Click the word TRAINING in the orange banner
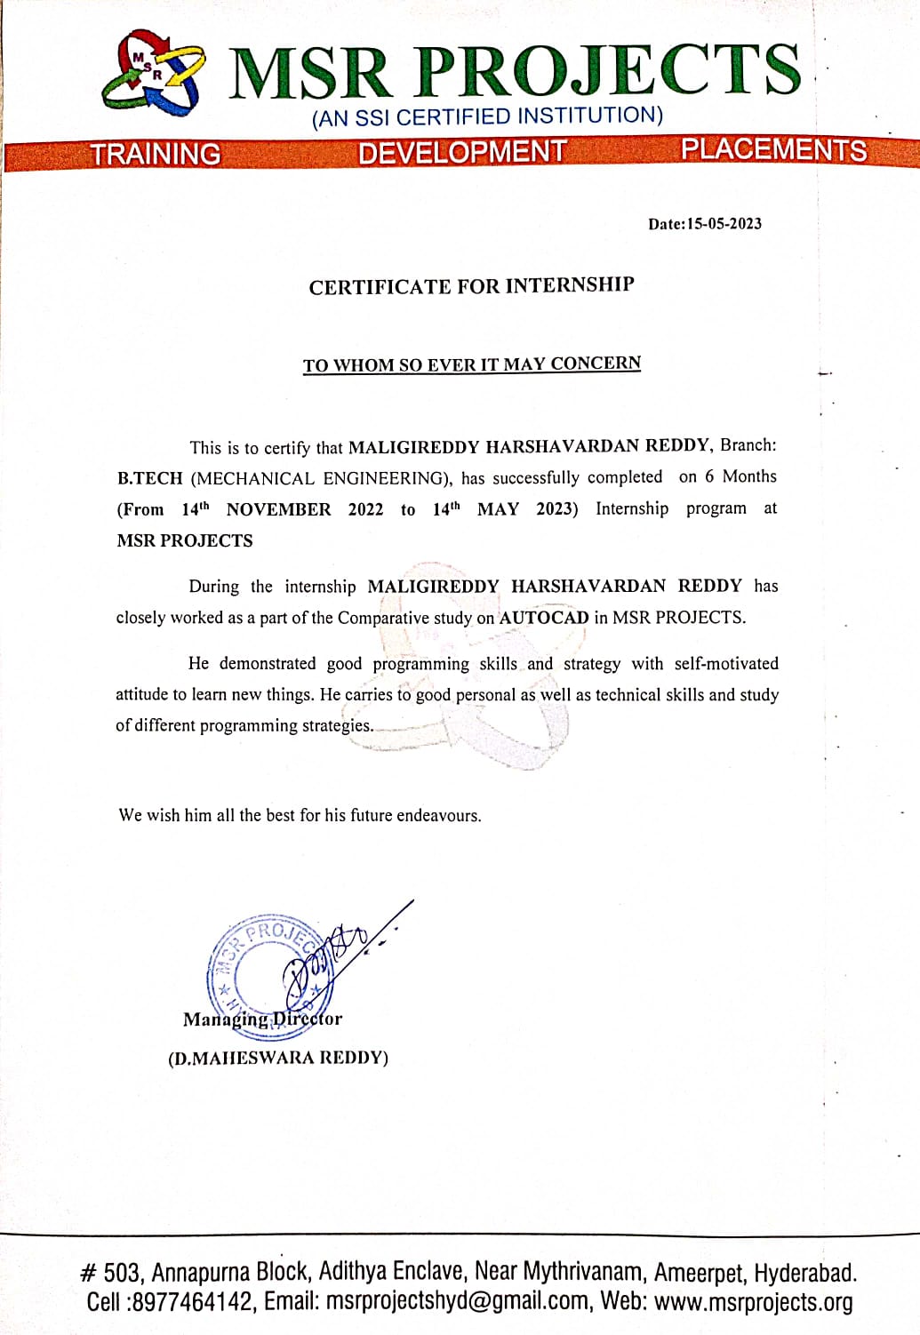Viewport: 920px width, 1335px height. coord(156,154)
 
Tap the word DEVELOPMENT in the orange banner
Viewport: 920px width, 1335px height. coord(461,152)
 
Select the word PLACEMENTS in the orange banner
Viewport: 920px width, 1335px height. coord(773,149)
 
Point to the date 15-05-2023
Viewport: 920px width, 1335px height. coord(724,224)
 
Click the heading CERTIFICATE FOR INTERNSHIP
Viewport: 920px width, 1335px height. coord(471,286)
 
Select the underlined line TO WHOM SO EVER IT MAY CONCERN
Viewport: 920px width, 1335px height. coord(471,364)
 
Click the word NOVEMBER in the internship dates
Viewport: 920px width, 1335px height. coord(278,510)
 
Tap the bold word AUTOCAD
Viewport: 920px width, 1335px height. coord(544,618)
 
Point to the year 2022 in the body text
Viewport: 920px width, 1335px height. coord(365,510)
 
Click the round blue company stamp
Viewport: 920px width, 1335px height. coord(265,969)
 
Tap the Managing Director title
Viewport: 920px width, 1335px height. coord(262,1019)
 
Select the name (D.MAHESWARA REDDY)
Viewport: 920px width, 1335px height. coord(278,1058)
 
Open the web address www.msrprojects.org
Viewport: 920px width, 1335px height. coord(753,1302)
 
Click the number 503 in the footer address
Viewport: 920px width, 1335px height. coord(122,1273)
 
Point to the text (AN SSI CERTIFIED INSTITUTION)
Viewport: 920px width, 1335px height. coord(487,116)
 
